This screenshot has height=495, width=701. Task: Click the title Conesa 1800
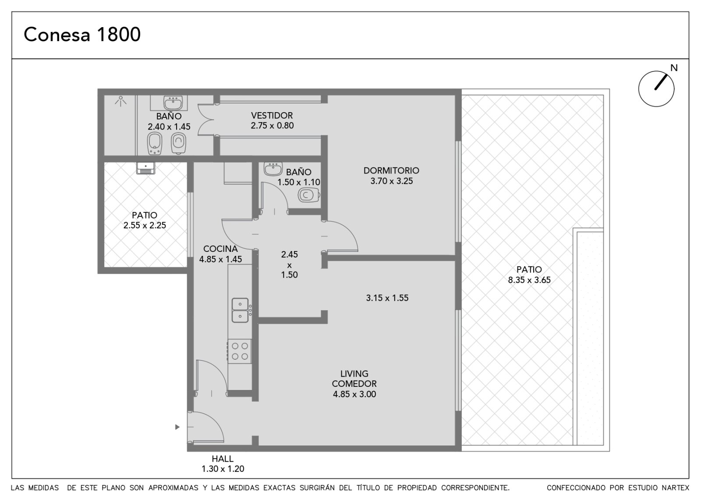pyautogui.click(x=82, y=35)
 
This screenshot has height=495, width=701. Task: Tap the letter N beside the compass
pyautogui.click(x=674, y=68)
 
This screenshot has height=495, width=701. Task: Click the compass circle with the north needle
pyautogui.click(x=656, y=88)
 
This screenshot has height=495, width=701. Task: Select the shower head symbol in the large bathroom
pyautogui.click(x=120, y=101)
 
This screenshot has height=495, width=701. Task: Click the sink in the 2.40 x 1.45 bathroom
pyautogui.click(x=173, y=103)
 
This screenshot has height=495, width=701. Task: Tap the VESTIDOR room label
pyautogui.click(x=272, y=116)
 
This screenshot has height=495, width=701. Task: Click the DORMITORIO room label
pyautogui.click(x=391, y=170)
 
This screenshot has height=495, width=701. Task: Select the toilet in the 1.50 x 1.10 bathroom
pyautogui.click(x=309, y=195)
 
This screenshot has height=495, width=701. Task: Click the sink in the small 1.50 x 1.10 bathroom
pyautogui.click(x=273, y=169)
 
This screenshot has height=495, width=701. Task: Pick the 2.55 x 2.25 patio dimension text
pyautogui.click(x=145, y=225)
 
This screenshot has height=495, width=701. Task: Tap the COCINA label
pyautogui.click(x=220, y=249)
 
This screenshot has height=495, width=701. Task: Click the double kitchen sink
pyautogui.click(x=241, y=310)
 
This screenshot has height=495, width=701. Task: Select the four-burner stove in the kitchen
pyautogui.click(x=240, y=351)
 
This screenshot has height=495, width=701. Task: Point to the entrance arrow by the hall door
pyautogui.click(x=177, y=427)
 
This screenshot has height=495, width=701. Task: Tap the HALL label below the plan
pyautogui.click(x=223, y=459)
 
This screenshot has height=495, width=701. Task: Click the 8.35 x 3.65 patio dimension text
pyautogui.click(x=529, y=280)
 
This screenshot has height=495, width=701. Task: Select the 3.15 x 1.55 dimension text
pyautogui.click(x=387, y=298)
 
